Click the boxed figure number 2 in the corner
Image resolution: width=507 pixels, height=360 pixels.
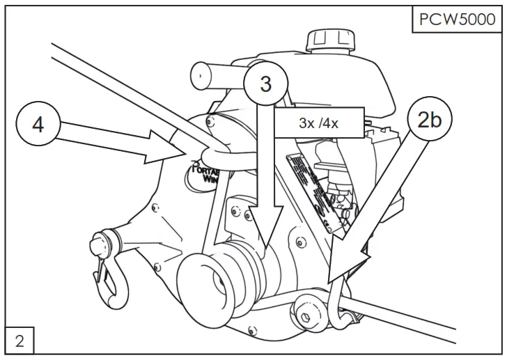tap(18, 341)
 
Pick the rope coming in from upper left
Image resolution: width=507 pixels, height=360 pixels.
tap(104, 77)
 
